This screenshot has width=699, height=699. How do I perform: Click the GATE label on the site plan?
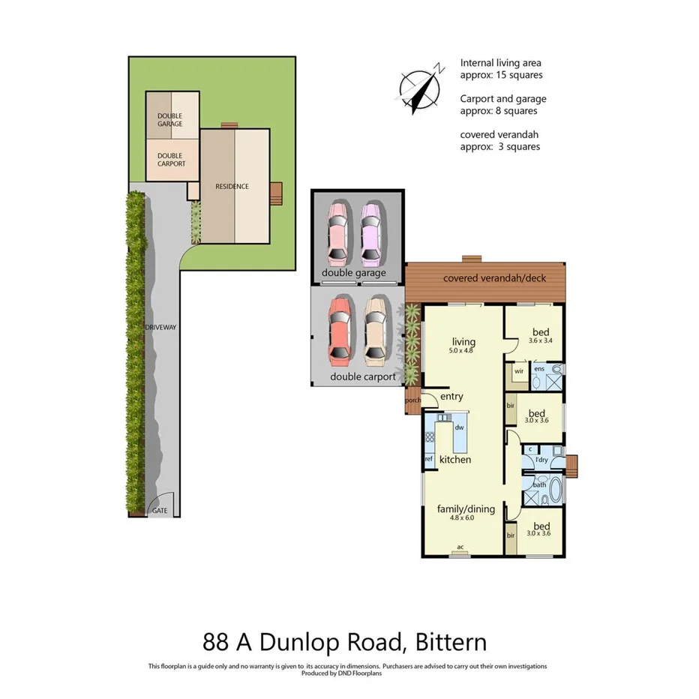pyautogui.click(x=160, y=511)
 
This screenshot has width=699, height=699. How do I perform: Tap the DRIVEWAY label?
pyautogui.click(x=158, y=327)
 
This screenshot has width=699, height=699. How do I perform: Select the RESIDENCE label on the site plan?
pyautogui.click(x=232, y=187)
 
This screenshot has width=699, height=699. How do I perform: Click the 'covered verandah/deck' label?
pyautogui.click(x=494, y=278)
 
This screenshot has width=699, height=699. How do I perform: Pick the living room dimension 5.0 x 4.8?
pyautogui.click(x=463, y=352)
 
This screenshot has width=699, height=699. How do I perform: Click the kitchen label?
pyautogui.click(x=454, y=459)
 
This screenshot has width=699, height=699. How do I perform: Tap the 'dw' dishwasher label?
pyautogui.click(x=459, y=427)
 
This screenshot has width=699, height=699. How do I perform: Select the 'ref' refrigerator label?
pyautogui.click(x=429, y=459)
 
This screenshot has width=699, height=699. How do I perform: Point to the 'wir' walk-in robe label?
pyautogui.click(x=518, y=370)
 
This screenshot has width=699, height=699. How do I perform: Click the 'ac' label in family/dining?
pyautogui.click(x=460, y=547)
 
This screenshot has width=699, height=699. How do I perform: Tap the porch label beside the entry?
pyautogui.click(x=412, y=400)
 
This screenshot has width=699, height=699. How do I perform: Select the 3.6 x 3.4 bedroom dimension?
pyautogui.click(x=540, y=341)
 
